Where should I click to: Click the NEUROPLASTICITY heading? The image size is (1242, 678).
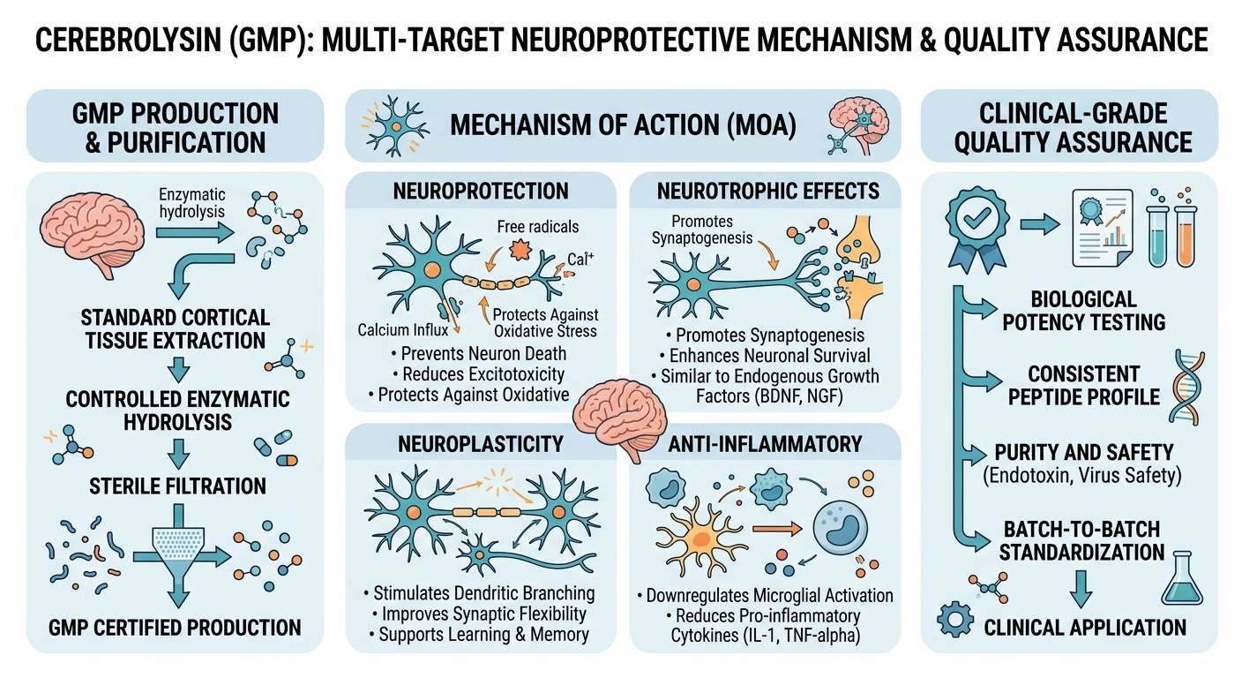click(x=481, y=443)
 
